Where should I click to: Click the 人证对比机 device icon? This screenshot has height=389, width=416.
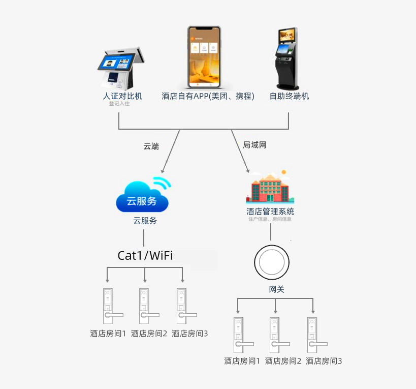(x=121, y=69)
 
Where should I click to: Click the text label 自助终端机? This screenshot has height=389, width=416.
(x=289, y=96)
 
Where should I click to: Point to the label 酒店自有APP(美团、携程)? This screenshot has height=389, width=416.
(x=208, y=96)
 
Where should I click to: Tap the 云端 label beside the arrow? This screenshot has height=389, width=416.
(x=151, y=146)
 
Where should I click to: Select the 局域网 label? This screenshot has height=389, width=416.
(x=254, y=145)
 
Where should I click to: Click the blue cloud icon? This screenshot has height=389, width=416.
(x=143, y=196)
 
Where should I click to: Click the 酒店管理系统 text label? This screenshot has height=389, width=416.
(x=270, y=212)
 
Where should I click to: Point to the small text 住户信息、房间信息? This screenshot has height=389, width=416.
(x=270, y=220)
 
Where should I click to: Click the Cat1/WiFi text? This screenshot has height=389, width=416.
(x=145, y=255)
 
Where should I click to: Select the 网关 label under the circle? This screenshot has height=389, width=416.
(x=276, y=289)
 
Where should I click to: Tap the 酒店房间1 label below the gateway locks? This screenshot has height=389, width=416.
(x=242, y=361)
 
